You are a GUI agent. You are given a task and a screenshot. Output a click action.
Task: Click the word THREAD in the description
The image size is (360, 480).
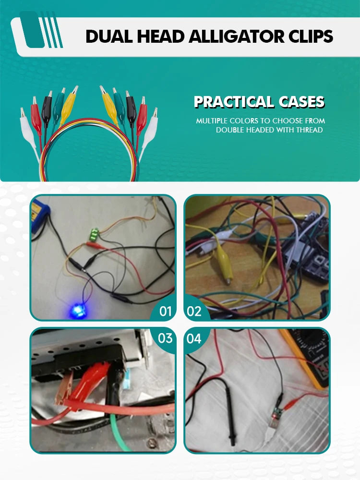309,130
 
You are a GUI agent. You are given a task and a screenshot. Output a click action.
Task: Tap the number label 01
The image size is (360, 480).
166,312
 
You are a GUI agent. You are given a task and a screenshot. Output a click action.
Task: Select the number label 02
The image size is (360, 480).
194,312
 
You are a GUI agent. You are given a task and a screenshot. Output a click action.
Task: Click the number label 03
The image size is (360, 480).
165,338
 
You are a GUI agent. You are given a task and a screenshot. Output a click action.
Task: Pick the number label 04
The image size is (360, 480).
194,338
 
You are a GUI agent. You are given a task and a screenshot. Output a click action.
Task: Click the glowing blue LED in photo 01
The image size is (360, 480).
76,311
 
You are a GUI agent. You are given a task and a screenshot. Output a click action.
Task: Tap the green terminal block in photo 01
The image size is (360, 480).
95,235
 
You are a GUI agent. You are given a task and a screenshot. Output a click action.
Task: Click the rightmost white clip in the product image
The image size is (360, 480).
149,133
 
